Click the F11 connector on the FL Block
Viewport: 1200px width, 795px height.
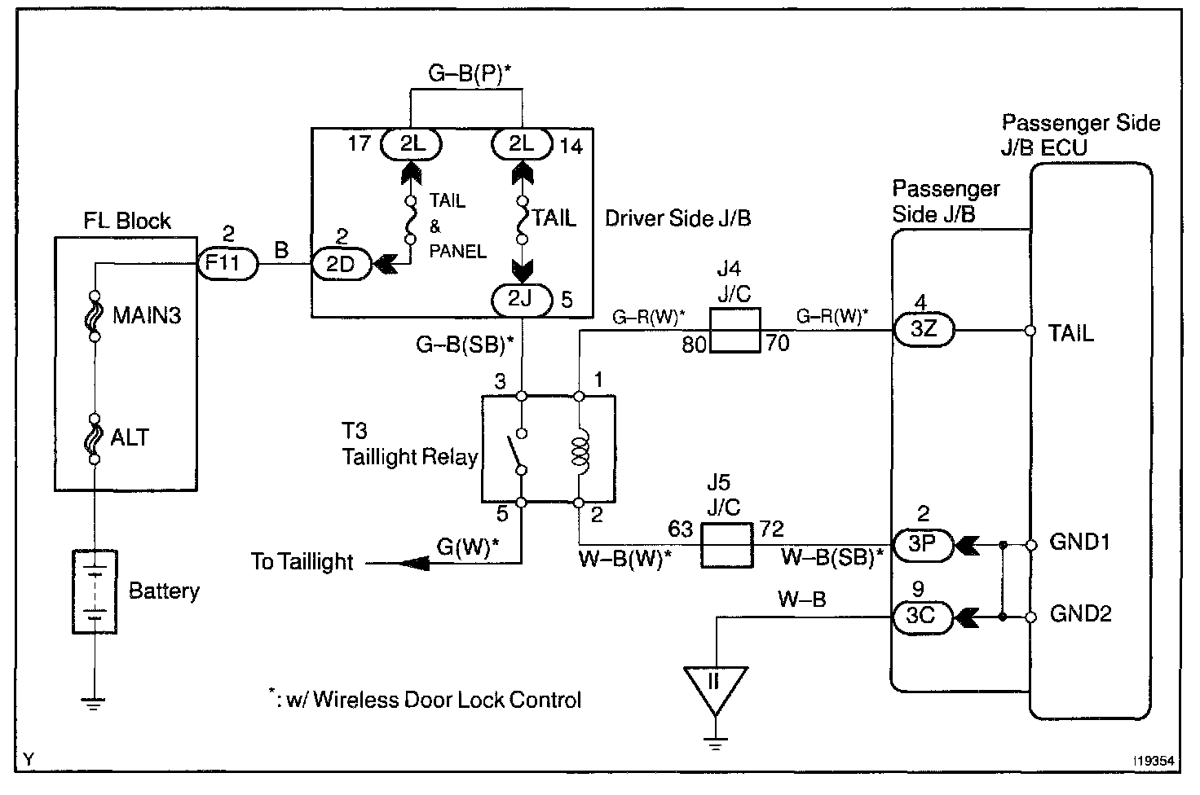(x=228, y=264)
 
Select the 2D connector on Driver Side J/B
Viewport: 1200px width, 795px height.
(x=342, y=264)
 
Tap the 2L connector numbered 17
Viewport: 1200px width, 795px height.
(x=412, y=144)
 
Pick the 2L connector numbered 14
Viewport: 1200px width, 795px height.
(x=521, y=144)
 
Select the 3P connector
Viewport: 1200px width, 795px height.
(x=921, y=543)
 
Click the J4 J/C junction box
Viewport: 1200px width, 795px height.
(x=735, y=330)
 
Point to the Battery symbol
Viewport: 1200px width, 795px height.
(x=95, y=591)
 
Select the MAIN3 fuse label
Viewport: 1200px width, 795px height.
(x=147, y=315)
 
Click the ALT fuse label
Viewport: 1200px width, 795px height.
(x=130, y=437)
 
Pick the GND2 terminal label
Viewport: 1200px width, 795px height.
(x=1080, y=614)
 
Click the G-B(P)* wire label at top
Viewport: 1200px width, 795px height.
(x=475, y=75)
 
